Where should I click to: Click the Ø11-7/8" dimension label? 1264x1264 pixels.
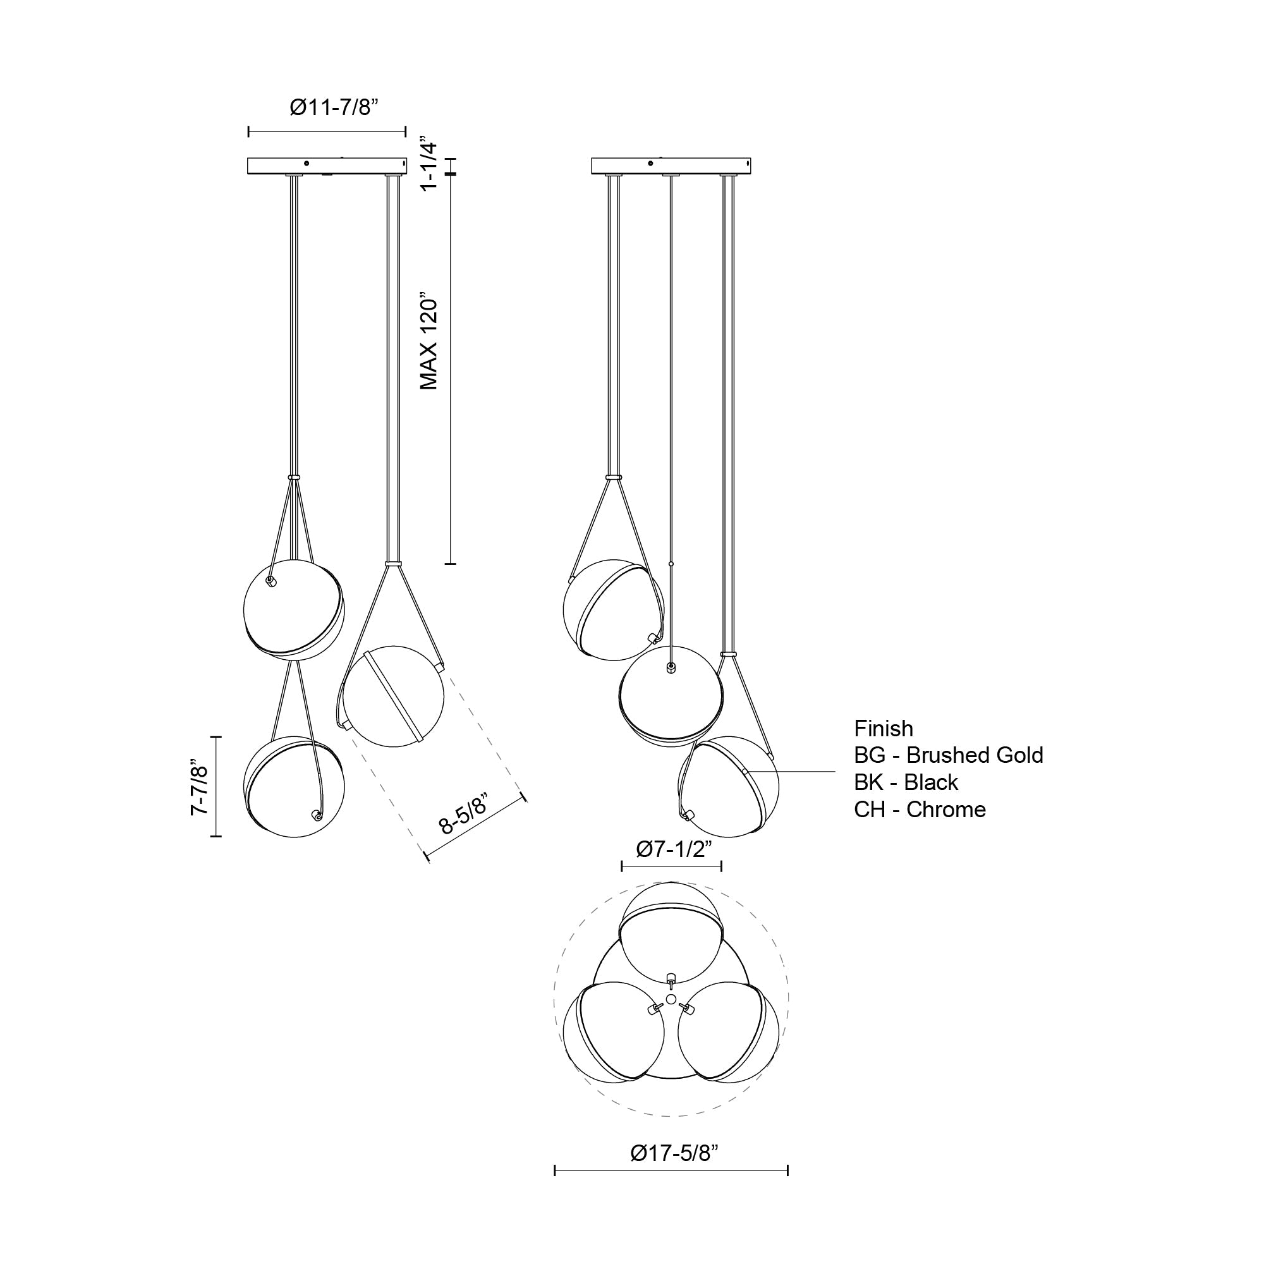334,107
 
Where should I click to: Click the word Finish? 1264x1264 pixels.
884,729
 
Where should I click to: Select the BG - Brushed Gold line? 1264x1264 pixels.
948,756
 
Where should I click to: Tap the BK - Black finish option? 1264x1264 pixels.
906,782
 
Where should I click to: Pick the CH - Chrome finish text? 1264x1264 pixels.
919,810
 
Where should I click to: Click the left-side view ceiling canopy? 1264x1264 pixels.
327,166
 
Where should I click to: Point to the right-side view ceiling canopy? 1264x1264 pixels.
671,166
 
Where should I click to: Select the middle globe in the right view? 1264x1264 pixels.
671,695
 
